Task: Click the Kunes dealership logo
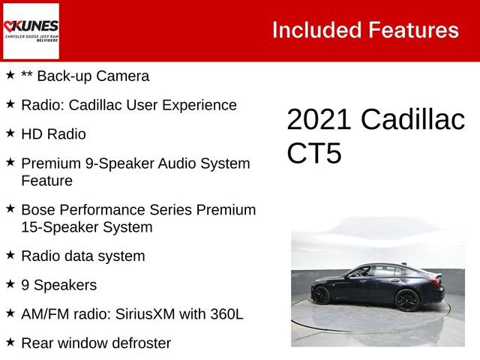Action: click(31, 31)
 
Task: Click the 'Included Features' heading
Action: click(364, 30)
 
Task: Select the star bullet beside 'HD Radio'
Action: click(10, 133)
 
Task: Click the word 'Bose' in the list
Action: click(37, 209)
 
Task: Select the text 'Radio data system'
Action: click(82, 256)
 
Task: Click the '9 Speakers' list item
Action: click(58, 285)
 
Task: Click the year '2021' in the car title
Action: click(319, 121)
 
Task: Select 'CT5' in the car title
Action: click(314, 153)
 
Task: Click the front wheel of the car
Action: click(321, 295)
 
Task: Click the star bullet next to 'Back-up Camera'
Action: click(10, 75)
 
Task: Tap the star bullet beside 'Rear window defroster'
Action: click(10, 342)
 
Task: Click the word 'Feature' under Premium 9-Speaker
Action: click(46, 181)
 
